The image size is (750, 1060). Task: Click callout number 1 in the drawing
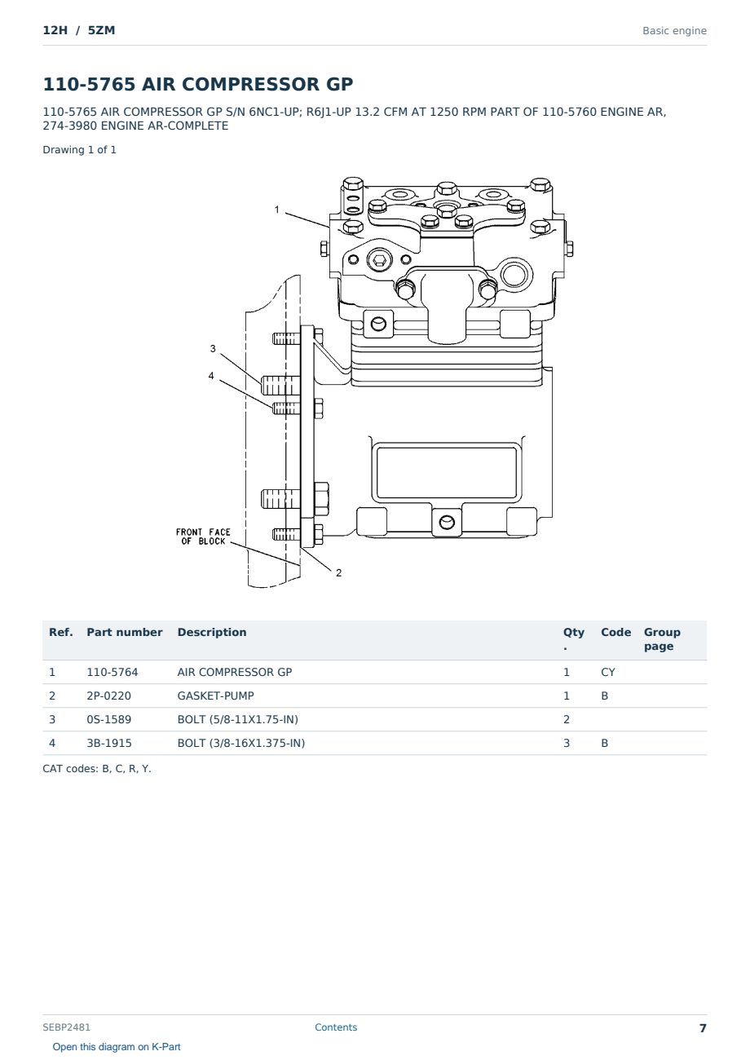point(277,210)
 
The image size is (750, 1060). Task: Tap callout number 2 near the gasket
point(339,572)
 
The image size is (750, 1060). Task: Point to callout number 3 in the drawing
point(213,349)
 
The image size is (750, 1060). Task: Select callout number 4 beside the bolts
point(211,376)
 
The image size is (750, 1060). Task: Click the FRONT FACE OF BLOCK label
point(203,537)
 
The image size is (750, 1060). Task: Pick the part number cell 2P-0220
point(108,696)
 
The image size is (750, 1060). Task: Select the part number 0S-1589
point(109,719)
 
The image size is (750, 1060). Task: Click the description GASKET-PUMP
point(215,696)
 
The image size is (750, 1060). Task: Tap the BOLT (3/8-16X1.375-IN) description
point(240,743)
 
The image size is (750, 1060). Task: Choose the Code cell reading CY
point(607,672)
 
